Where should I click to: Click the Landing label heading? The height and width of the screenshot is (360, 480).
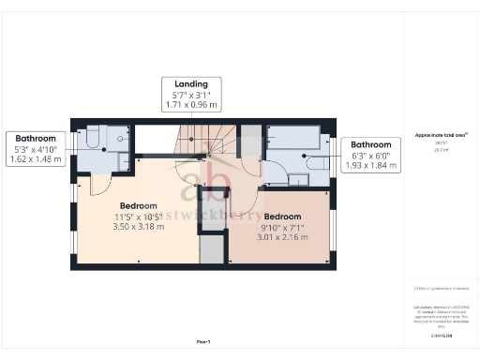(191, 82)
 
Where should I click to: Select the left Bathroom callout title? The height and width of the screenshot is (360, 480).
(34, 138)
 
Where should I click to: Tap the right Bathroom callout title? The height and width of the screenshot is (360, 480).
(372, 144)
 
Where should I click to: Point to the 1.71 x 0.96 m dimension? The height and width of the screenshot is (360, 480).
(191, 104)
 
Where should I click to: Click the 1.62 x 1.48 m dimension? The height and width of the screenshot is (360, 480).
(34, 159)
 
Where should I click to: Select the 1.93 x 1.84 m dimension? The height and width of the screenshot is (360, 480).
(372, 166)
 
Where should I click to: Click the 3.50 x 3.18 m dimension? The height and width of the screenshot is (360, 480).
(138, 226)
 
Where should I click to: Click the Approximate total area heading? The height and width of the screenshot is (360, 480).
(441, 135)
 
